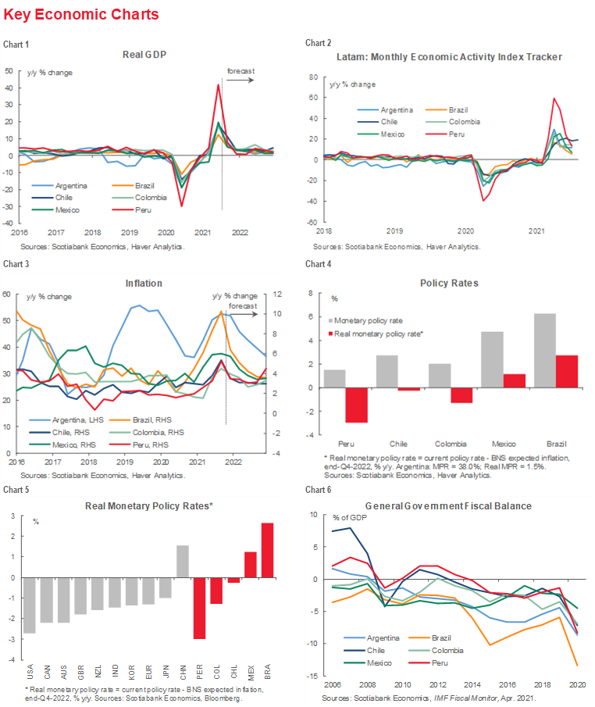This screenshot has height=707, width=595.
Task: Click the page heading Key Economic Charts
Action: tap(81, 15)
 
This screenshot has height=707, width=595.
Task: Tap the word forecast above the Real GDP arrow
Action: tap(240, 71)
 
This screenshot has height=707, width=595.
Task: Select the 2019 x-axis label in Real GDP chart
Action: tap(129, 233)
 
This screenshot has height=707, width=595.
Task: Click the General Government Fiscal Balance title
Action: tap(448, 505)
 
